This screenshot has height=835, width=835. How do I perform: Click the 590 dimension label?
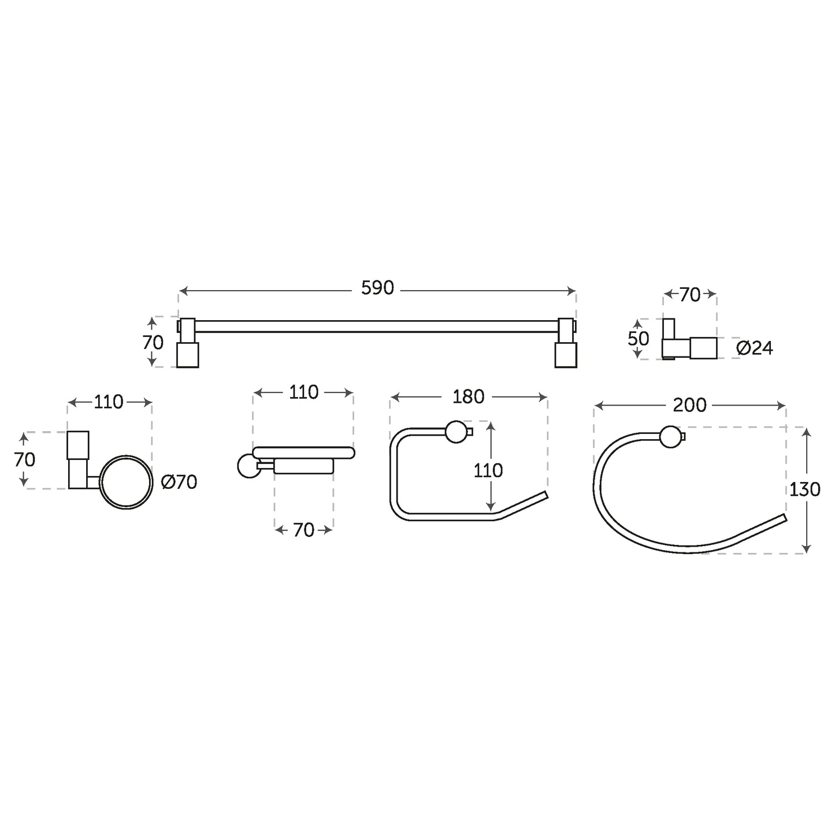[x=377, y=288]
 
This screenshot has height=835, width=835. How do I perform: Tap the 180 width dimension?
[x=468, y=397]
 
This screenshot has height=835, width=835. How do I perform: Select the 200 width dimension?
[x=689, y=406]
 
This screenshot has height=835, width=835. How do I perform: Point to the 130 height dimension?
[x=805, y=489]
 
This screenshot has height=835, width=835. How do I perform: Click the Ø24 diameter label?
[x=755, y=348]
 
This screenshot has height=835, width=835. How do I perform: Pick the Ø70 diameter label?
[x=179, y=483]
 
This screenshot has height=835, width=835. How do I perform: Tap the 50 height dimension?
[x=639, y=339]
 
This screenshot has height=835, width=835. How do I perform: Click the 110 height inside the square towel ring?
[x=488, y=470]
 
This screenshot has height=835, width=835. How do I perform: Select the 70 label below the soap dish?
[x=303, y=530]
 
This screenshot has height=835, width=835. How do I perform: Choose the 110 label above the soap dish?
[x=303, y=392]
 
